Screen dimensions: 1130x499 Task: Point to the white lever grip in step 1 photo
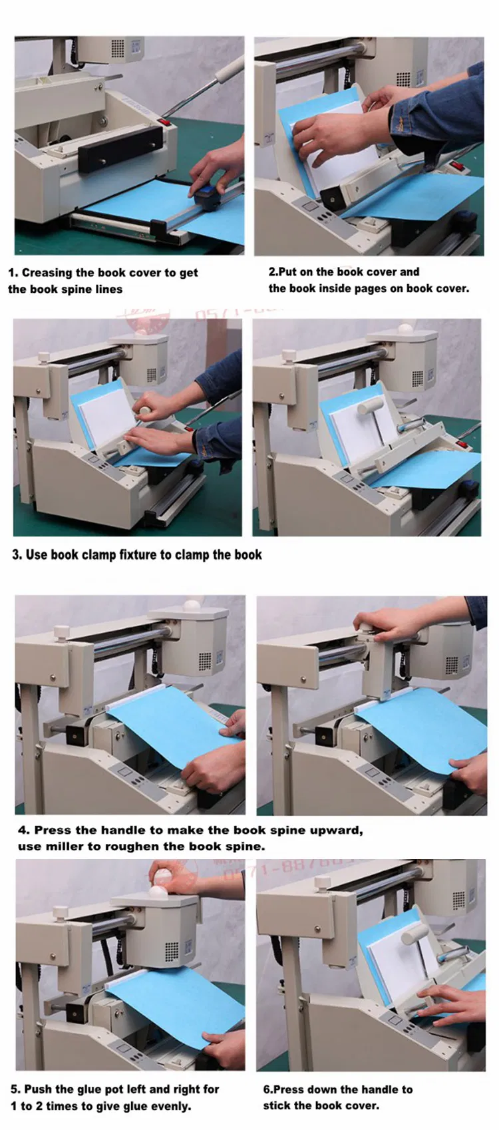click(x=230, y=69)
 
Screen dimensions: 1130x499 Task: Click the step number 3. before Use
click(x=17, y=555)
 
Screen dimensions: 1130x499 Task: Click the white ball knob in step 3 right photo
click(x=405, y=329)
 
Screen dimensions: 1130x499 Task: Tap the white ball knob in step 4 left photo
click(x=192, y=606)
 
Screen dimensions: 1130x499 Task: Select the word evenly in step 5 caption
click(x=170, y=1106)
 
